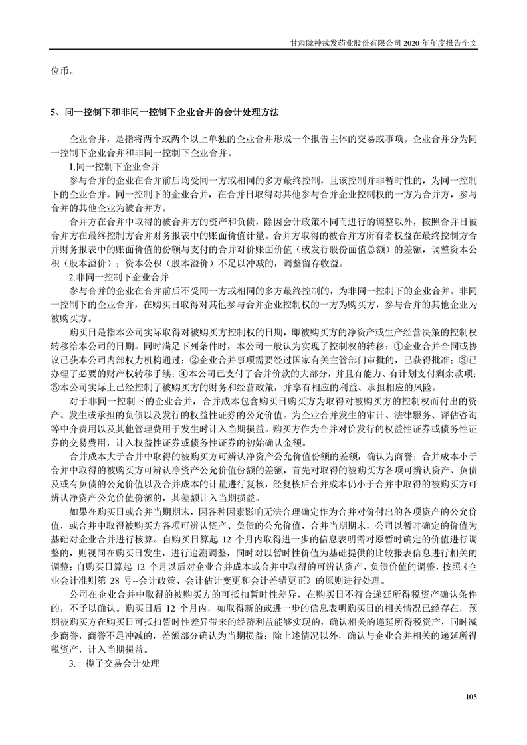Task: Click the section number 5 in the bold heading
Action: (53, 112)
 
